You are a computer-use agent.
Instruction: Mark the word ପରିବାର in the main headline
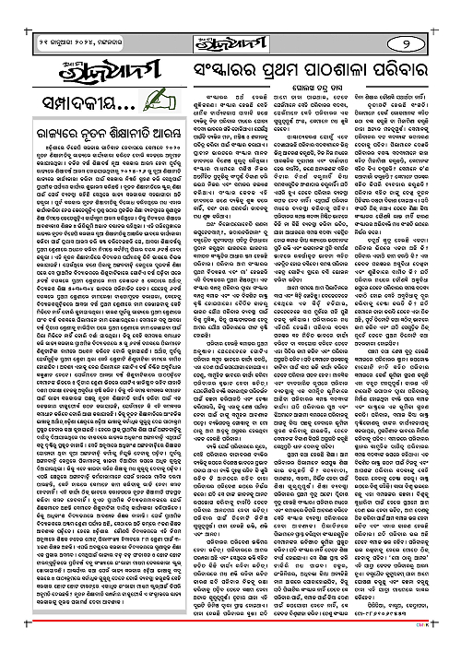(409, 70)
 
